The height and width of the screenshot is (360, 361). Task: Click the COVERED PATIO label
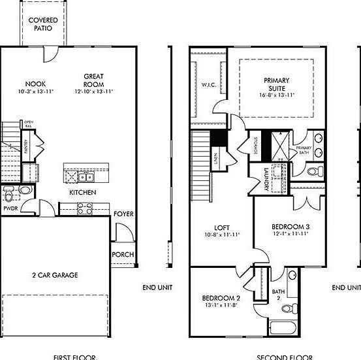[43, 24]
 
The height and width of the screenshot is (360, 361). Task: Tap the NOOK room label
[35, 84]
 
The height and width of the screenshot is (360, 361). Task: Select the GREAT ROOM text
[94, 80]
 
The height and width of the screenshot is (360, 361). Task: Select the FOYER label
[123, 214]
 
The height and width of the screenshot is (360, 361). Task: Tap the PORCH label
[123, 254]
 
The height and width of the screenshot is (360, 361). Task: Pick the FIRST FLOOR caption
[74, 357]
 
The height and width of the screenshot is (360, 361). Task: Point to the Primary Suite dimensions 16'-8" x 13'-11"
[277, 95]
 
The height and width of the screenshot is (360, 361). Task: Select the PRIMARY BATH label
[304, 150]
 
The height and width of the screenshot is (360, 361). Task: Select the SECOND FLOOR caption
[283, 357]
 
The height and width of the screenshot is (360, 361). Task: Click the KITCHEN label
[83, 193]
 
